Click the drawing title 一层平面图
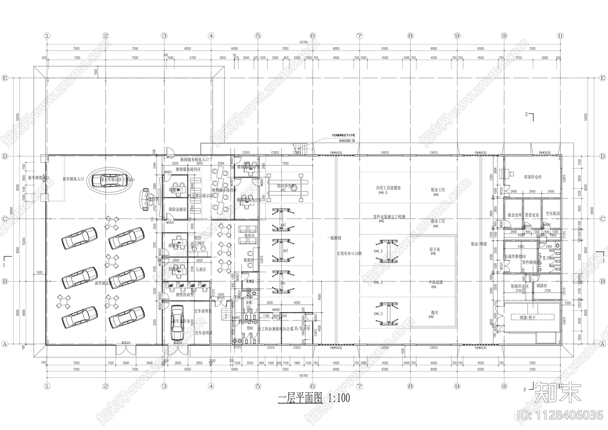300,398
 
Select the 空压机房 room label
553,214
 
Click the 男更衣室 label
532,215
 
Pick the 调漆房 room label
541,285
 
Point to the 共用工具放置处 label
388,188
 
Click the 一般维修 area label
334,238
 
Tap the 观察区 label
249,260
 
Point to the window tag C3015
262,260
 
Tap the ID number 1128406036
560,415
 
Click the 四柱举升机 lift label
286,186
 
